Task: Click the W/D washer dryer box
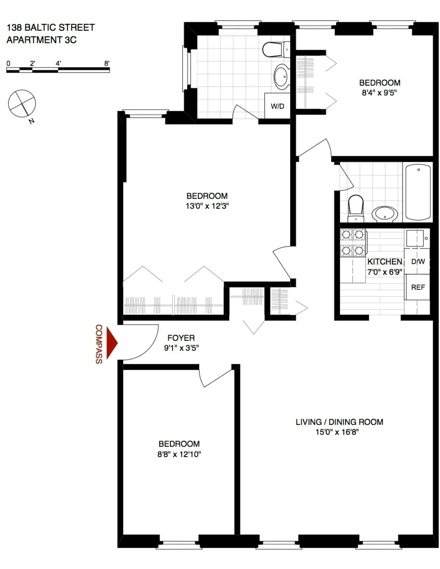[x=277, y=106]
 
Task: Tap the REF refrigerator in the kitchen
[x=418, y=287]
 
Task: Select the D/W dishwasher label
[x=418, y=261]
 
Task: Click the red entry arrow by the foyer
[x=112, y=343]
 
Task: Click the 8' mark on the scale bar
[x=107, y=63]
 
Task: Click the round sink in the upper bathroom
[x=282, y=77]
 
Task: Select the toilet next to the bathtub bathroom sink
[x=356, y=209]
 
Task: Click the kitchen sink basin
[x=415, y=238]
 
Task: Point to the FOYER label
[x=181, y=338]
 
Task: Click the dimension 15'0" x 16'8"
[x=337, y=432]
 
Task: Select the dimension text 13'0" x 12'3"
[x=207, y=206]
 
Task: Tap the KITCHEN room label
[x=384, y=262]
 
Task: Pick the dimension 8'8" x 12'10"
[x=179, y=454]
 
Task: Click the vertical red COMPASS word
[x=99, y=344]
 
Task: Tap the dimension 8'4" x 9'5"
[x=379, y=93]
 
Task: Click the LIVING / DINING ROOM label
[x=339, y=422]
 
